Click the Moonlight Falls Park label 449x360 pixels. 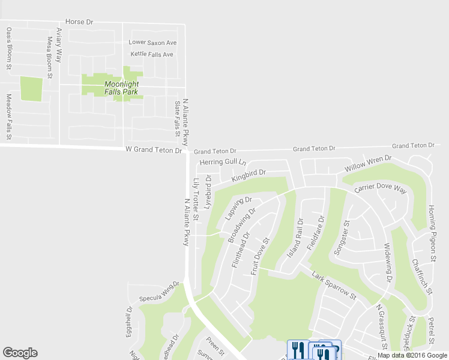[121, 88]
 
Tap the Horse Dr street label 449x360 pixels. [80, 22]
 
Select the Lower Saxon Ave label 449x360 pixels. [153, 43]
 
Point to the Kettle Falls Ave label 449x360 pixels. [152, 55]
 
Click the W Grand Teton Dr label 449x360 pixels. [153, 150]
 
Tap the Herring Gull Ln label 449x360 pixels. [223, 163]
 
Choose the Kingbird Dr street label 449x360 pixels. [249, 176]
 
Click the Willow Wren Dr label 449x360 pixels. [367, 163]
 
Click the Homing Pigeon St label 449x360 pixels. [432, 233]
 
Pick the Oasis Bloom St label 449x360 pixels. [9, 49]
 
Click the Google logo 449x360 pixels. [20, 353]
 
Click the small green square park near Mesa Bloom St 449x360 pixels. [31, 89]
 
